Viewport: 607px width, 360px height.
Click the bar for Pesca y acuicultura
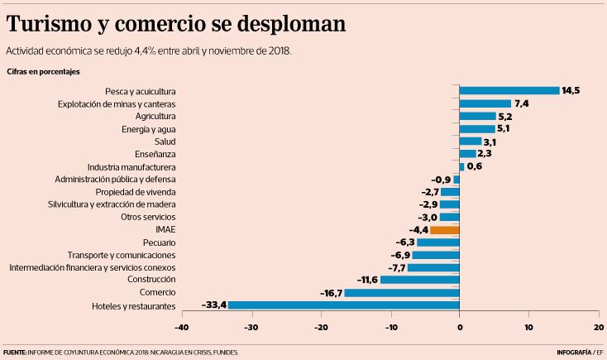(509, 90)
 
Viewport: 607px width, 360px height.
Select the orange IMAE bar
(445, 229)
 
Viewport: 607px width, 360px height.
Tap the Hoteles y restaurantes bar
(343, 305)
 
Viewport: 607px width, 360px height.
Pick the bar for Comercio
(402, 293)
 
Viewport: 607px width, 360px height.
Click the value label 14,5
(570, 90)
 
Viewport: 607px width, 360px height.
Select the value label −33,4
(213, 305)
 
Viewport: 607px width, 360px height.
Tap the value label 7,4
(521, 103)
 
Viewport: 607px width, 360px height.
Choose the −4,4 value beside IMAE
(417, 229)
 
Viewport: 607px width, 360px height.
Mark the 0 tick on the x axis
(460, 327)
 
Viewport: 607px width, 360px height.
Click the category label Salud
(165, 142)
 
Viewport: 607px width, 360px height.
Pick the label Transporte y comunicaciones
(122, 255)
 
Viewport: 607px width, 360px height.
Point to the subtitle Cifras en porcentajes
(43, 72)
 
